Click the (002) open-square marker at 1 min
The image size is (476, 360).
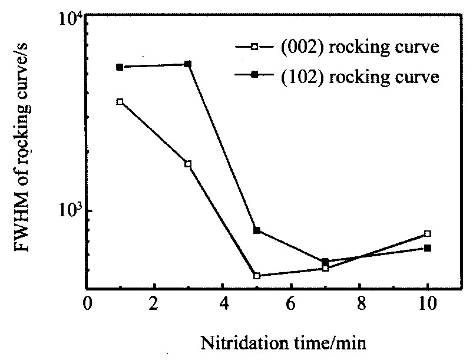120,102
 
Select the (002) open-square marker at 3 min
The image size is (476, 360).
188,164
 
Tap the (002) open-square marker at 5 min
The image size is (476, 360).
257,276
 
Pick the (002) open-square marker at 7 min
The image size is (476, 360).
325,268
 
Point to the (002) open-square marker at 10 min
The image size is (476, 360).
428,234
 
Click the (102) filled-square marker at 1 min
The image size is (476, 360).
120,67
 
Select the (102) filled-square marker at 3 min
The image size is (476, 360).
188,64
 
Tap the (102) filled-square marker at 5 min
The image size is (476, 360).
257,230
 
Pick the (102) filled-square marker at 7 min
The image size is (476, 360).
325,262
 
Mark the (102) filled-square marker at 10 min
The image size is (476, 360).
428,248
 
